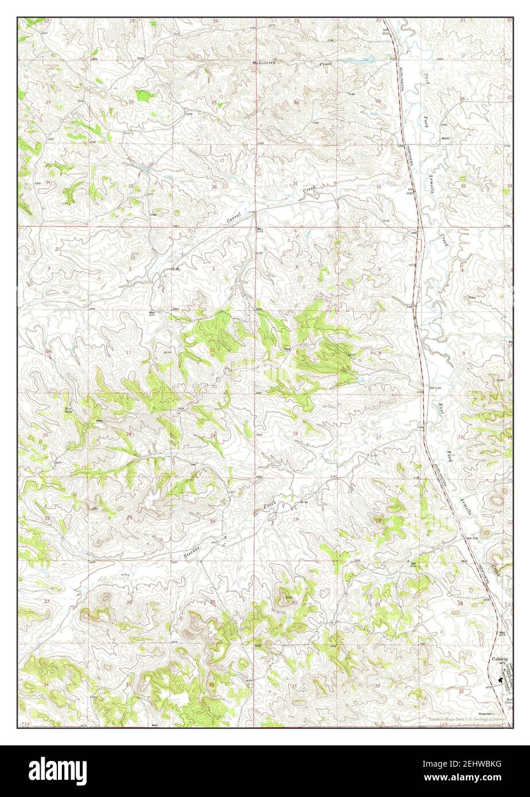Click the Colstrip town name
click(x=499, y=659)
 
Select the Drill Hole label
click(x=69, y=410)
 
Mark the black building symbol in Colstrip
click(x=502, y=677)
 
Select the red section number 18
click(x=295, y=434)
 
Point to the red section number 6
click(x=297, y=268)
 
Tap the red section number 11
click(x=128, y=351)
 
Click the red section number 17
click(x=377, y=437)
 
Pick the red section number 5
click(x=379, y=269)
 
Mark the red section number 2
click(x=130, y=268)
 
